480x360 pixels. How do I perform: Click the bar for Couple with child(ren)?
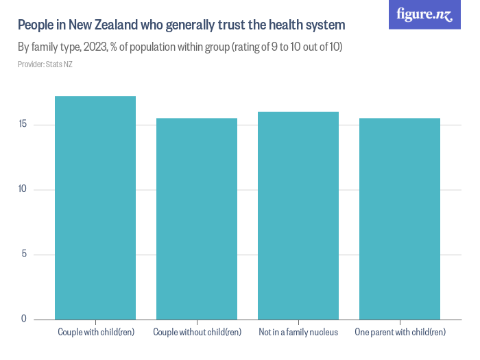[x=95, y=208]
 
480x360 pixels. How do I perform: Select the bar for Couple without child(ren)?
[x=197, y=219]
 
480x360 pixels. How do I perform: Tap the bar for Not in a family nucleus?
[x=298, y=215]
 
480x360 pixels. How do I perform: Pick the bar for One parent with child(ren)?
[x=400, y=219]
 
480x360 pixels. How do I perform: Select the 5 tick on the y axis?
[x=24, y=254]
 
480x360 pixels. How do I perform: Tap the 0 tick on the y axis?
[x=24, y=319]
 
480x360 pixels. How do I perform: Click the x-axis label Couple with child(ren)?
[x=95, y=333]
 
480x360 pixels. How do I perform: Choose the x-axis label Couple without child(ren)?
[x=197, y=333]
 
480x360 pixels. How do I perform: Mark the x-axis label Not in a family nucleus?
[x=298, y=333]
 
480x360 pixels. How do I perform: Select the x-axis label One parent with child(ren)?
[x=400, y=333]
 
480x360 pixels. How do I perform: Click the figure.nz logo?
[x=424, y=15]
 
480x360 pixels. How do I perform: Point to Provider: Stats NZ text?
[x=45, y=64]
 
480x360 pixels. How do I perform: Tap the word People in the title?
[x=35, y=25]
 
